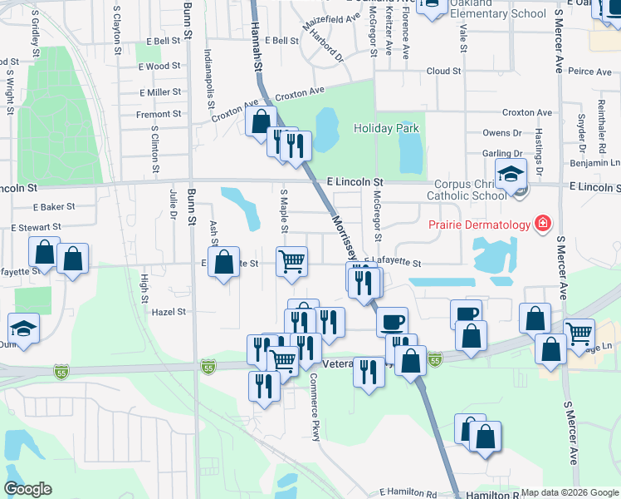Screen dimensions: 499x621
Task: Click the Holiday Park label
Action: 387,128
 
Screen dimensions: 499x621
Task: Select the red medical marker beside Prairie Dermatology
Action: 543,223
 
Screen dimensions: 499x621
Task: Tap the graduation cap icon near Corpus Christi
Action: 511,174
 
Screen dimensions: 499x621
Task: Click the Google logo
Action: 27,489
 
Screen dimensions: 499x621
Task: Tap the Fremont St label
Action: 159,114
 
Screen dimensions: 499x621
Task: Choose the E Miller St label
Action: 160,92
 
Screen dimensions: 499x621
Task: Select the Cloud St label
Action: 443,72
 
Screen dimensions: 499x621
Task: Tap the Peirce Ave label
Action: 590,72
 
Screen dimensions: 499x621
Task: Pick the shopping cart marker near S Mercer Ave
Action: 579,333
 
